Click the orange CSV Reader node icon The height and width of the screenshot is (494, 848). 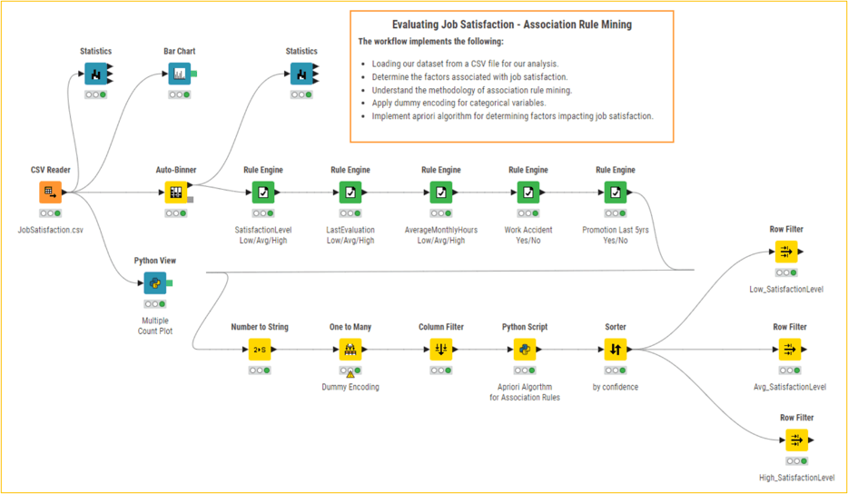click(x=50, y=193)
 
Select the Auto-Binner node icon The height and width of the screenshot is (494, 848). click(x=175, y=193)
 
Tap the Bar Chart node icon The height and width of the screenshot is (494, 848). click(x=179, y=74)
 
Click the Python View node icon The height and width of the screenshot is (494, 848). click(x=154, y=283)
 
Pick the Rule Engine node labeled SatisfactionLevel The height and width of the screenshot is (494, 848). click(x=261, y=193)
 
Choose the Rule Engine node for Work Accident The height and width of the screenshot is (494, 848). click(x=528, y=193)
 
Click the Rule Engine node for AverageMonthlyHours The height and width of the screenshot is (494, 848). click(x=440, y=193)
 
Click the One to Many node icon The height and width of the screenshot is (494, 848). click(x=350, y=349)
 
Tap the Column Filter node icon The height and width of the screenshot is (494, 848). click(x=440, y=349)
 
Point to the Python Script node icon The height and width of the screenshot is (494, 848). click(x=524, y=349)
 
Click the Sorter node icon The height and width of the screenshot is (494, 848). click(x=615, y=349)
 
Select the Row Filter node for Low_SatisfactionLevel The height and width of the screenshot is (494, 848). click(x=787, y=252)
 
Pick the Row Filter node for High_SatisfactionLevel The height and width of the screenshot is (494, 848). click(x=796, y=440)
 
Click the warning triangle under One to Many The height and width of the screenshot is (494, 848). click(x=350, y=372)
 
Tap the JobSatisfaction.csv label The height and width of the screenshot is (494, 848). click(x=50, y=230)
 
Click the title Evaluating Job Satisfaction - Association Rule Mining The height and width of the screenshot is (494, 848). click(x=511, y=25)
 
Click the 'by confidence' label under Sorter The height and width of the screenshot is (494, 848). click(x=615, y=387)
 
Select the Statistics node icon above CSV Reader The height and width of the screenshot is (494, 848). click(x=96, y=74)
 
